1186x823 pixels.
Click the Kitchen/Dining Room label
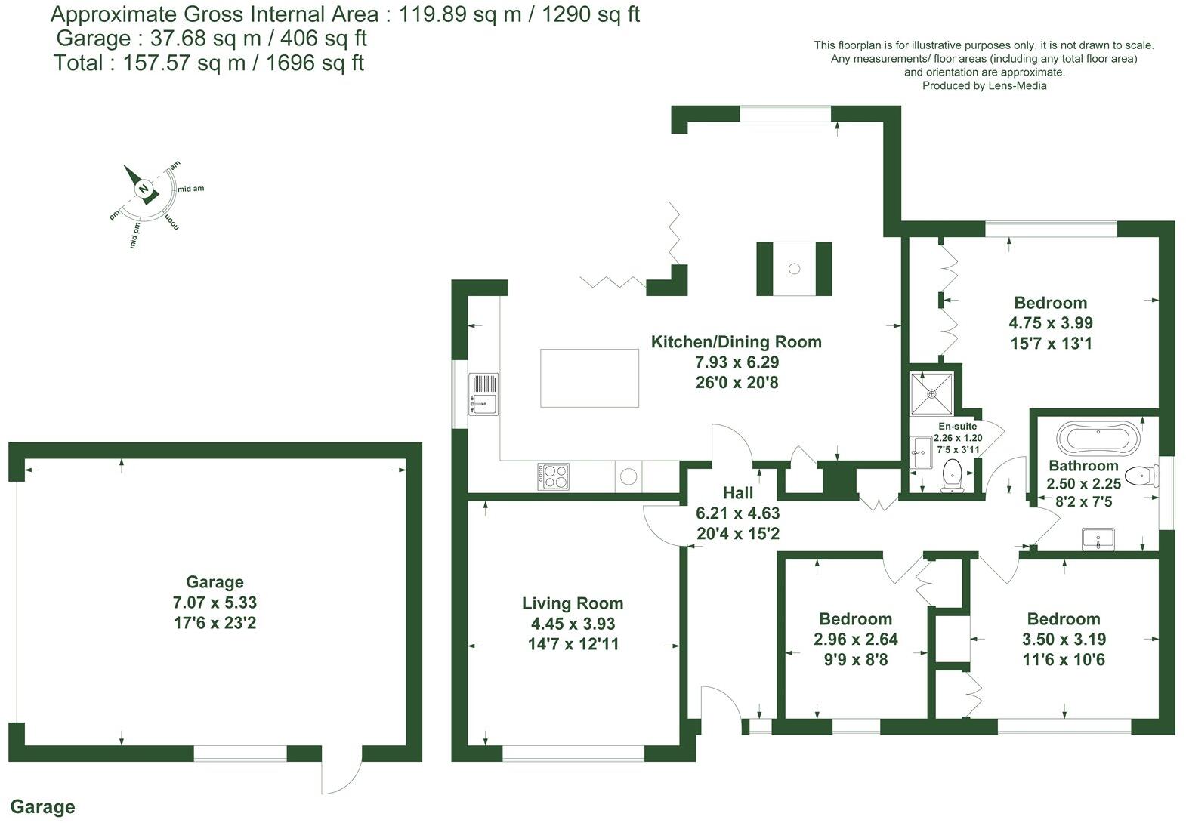736,342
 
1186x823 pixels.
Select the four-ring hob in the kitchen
554,476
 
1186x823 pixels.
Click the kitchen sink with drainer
483,394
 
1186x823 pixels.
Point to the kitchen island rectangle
589,378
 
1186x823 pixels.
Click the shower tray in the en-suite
932,393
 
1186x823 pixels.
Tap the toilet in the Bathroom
1141,476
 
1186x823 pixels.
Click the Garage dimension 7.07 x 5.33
215,603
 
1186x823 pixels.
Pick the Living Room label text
573,603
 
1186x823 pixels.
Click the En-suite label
957,427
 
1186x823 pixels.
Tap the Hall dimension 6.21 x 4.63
737,513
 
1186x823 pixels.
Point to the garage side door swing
338,774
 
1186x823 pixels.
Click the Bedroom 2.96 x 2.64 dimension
855,640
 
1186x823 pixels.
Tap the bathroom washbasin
1097,539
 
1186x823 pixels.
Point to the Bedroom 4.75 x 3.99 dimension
1050,323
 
